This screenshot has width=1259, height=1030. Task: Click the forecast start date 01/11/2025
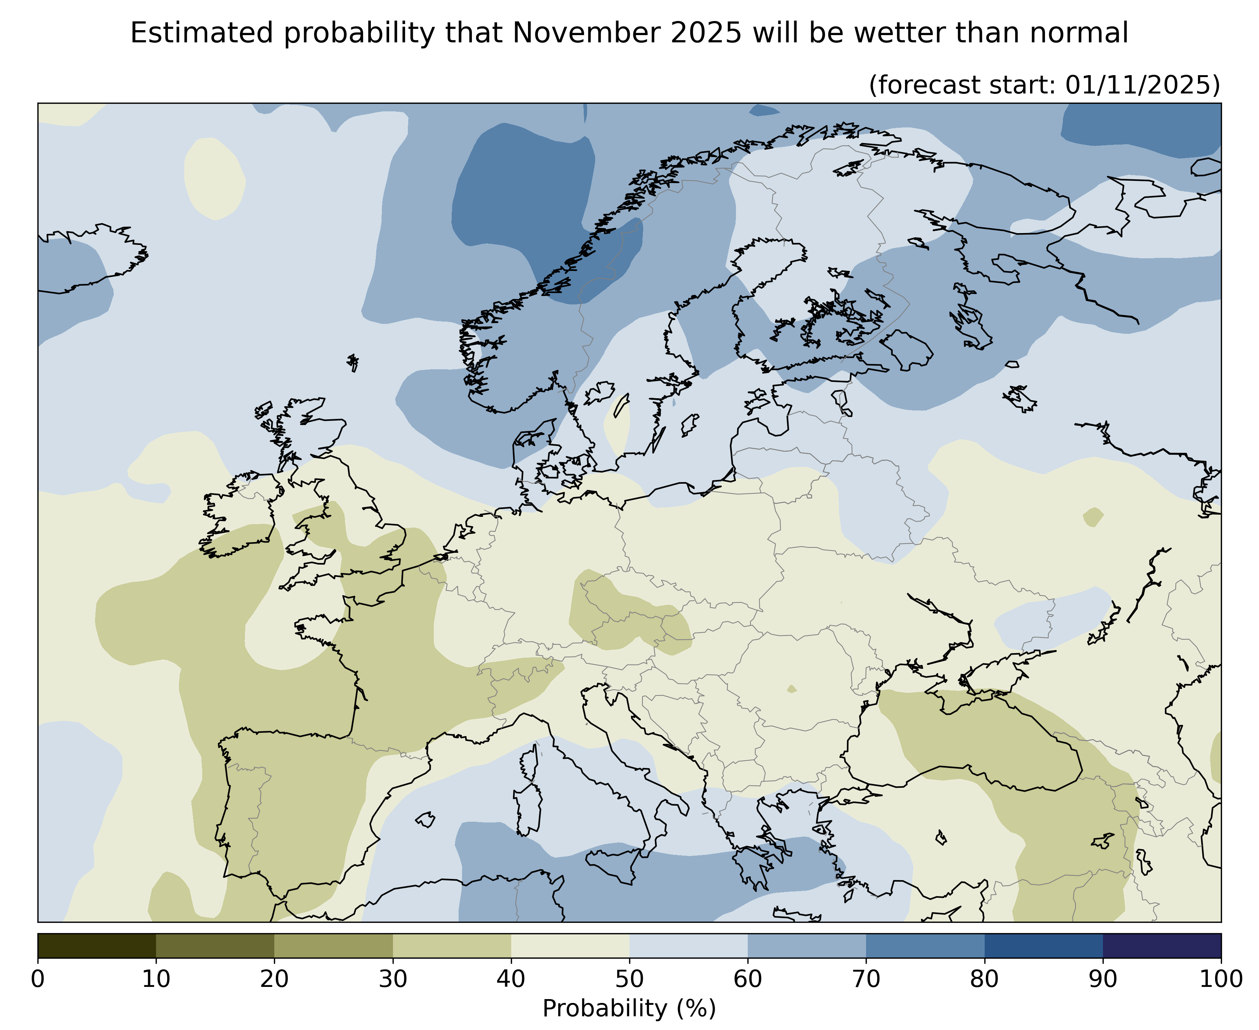coord(1142,85)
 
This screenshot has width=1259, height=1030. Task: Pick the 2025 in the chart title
coord(706,33)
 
